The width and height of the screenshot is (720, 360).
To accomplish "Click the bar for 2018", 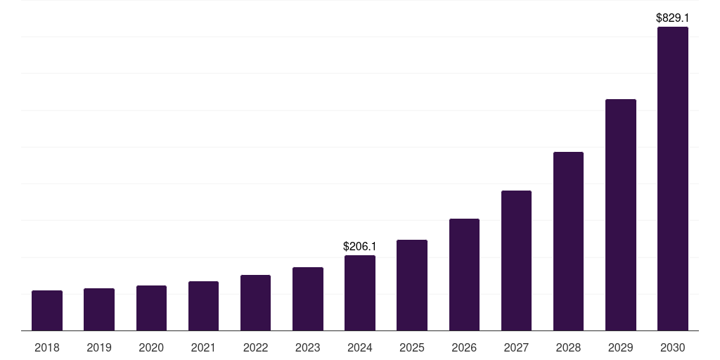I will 47,310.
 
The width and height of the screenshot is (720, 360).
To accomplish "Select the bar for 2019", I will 99,309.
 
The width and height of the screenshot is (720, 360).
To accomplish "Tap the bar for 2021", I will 203,306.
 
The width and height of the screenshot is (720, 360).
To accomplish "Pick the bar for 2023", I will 308,299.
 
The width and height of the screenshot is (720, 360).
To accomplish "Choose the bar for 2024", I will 360,292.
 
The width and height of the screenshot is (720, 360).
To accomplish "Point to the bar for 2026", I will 464,274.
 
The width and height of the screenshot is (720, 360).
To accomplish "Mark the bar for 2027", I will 516,260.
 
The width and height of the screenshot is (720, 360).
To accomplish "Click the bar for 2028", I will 568,241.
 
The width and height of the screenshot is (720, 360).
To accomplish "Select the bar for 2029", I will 621,214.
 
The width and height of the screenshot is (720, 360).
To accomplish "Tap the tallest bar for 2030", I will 673,179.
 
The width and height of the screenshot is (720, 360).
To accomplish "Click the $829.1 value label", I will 673,17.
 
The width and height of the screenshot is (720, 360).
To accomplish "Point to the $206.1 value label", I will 360,246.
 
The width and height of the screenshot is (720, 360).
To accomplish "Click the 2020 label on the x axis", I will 151,347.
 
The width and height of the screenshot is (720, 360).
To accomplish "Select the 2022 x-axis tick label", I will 256,347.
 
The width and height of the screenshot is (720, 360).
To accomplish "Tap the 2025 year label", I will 412,347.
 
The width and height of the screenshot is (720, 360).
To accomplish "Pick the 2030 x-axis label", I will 673,347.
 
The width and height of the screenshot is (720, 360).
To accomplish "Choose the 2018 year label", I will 47,347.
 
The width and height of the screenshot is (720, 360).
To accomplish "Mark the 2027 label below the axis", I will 516,347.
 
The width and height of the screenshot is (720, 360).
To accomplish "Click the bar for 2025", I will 412,285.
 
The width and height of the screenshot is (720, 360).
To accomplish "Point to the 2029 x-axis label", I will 621,347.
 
